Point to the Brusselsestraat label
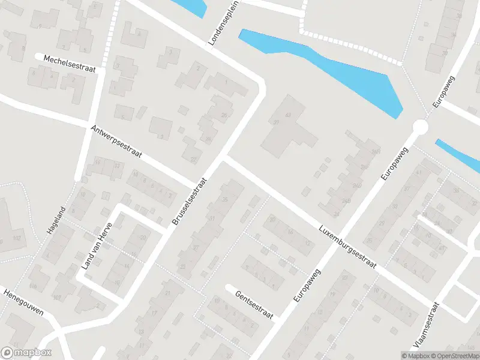coord(190,201)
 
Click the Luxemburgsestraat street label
coord(347,247)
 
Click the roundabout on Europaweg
coord(420,127)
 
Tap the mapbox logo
coord(26,353)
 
